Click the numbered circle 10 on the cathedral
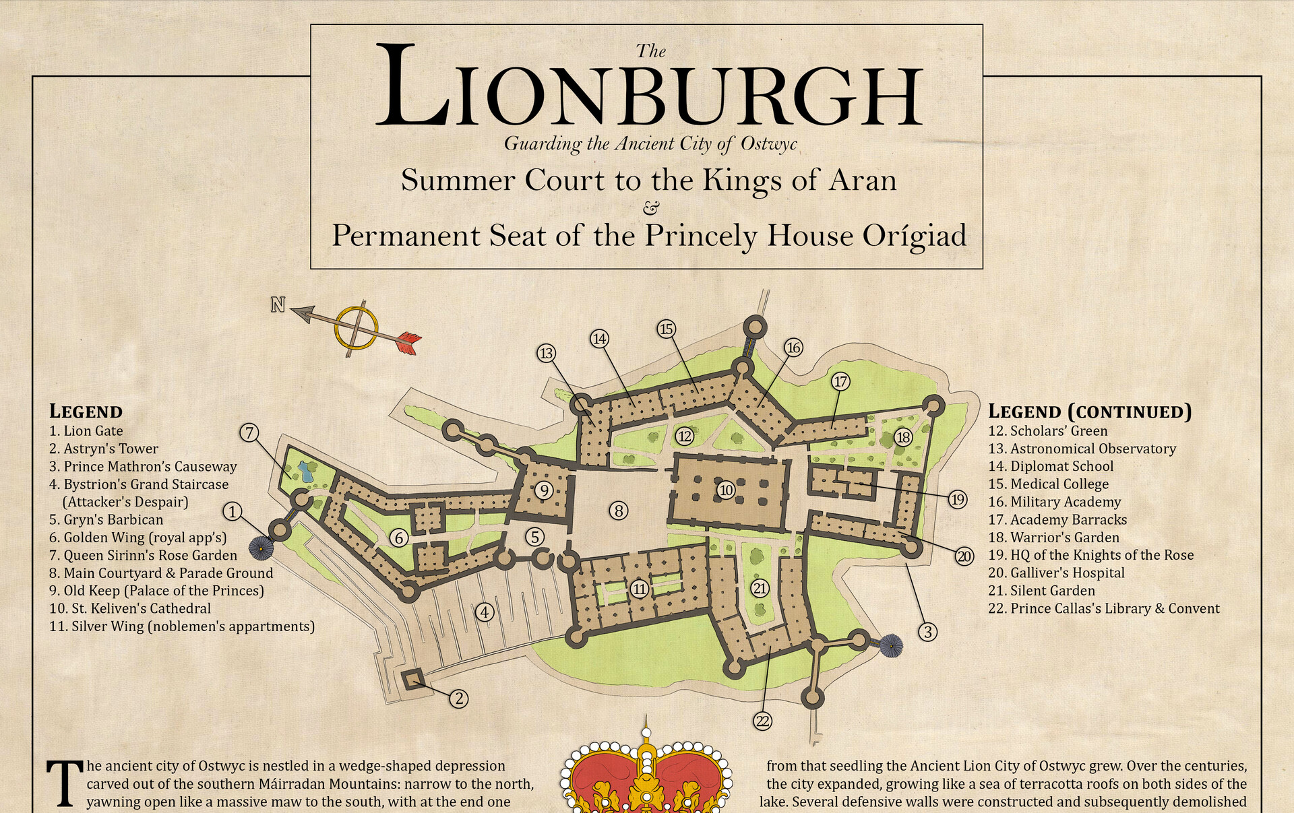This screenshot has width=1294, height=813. click(726, 490)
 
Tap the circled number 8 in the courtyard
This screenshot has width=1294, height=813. click(619, 511)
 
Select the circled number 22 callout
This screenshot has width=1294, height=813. click(762, 721)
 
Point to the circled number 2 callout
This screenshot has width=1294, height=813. click(459, 698)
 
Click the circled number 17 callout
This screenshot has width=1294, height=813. click(840, 382)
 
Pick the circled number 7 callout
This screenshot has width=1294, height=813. click(249, 432)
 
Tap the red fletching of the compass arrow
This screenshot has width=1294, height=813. click(408, 342)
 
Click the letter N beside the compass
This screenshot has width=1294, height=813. click(278, 305)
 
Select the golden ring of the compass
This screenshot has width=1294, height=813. click(356, 328)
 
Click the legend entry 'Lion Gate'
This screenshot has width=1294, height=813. click(93, 431)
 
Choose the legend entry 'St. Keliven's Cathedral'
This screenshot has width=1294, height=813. click(141, 609)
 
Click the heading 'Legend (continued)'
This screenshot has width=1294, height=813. click(1089, 412)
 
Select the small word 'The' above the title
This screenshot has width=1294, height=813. click(651, 51)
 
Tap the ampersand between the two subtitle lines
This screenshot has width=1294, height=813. click(651, 207)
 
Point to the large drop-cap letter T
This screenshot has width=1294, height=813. click(65, 783)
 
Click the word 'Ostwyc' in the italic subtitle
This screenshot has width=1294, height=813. click(768, 143)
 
